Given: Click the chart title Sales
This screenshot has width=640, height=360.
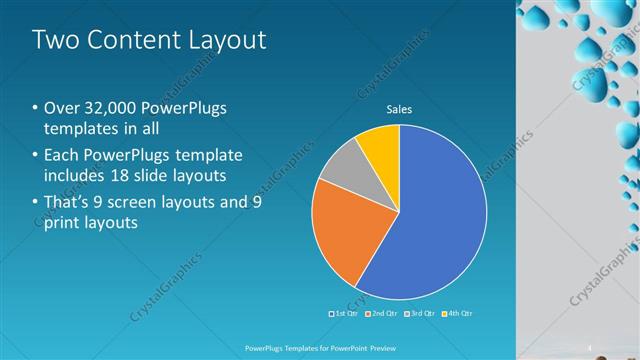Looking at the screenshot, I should point(399,109).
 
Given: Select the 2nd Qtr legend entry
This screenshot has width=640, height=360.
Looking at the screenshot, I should point(383,314).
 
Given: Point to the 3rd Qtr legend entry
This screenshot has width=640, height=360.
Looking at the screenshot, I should point(420,314).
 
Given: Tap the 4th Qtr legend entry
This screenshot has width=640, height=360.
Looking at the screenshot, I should point(456,314).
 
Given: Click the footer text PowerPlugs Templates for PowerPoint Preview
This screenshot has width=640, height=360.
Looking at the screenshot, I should point(321,347).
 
